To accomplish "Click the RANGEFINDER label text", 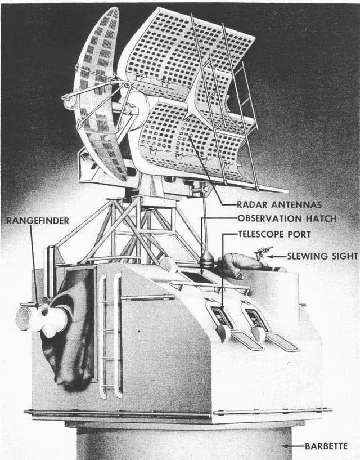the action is tap(38, 221).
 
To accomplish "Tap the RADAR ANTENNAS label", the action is tap(280, 204).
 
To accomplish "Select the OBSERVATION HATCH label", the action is tap(287, 218).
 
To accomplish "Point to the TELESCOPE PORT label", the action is tap(274, 234).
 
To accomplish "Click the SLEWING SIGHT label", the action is tap(322, 256).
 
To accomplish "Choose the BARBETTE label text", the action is tap(326, 446).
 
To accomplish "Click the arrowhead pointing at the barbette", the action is tap(284, 446).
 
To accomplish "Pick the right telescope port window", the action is tap(255, 318).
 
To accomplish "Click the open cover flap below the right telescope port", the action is tap(282, 342).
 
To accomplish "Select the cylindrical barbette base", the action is tap(184, 443).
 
